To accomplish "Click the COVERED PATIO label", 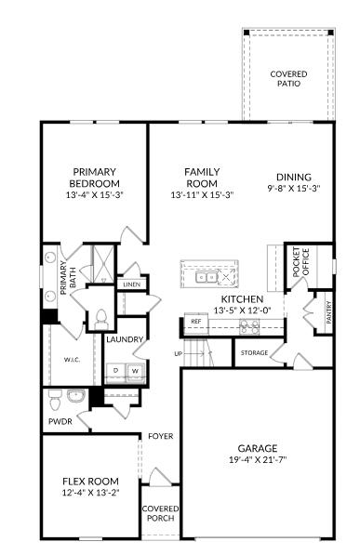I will click(288, 79).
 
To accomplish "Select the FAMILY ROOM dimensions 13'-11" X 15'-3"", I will click(202, 195).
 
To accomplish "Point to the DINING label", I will click(293, 177).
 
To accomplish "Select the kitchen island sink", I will click(206, 276).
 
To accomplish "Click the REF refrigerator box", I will click(195, 322).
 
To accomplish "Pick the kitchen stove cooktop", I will click(248, 325).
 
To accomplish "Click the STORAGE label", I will click(254, 353).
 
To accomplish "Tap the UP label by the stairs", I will click(178, 354).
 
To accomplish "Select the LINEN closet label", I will click(131, 284).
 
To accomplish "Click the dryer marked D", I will click(116, 370).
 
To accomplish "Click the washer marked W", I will click(134, 370).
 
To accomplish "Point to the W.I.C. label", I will click(72, 359).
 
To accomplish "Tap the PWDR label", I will click(60, 421).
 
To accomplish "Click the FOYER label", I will click(161, 436).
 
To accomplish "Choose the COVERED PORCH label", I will click(160, 513).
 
